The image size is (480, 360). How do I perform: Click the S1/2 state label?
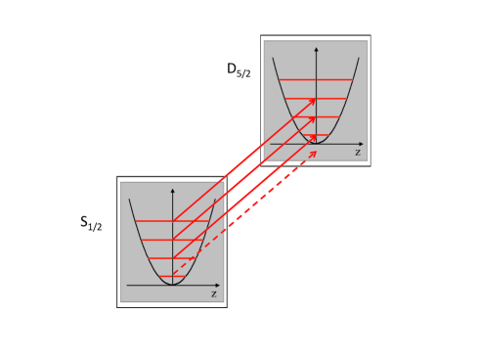(x=91, y=223)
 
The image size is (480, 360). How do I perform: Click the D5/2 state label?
(x=239, y=69)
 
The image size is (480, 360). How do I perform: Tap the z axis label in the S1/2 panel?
(x=214, y=293)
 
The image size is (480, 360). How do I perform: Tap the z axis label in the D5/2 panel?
(x=358, y=153)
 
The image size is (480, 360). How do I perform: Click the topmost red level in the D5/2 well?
(x=316, y=79)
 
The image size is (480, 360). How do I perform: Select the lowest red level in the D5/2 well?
(x=316, y=136)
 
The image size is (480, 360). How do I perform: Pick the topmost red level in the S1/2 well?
(x=172, y=221)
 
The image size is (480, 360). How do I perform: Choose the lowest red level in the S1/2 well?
(x=172, y=277)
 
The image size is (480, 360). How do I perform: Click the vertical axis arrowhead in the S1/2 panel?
(x=172, y=190)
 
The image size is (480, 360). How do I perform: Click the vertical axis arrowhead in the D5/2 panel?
(x=316, y=48)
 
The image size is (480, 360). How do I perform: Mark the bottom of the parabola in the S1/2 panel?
(x=172, y=284)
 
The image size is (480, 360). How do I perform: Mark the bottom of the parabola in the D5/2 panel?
(x=316, y=143)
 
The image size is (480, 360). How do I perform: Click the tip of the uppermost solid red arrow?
(x=315, y=99)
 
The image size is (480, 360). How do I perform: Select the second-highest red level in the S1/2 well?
(x=172, y=240)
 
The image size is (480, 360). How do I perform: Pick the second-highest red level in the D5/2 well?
(x=316, y=98)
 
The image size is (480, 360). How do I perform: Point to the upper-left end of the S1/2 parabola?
(x=129, y=200)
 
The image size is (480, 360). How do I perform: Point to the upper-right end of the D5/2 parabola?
(x=359, y=58)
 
